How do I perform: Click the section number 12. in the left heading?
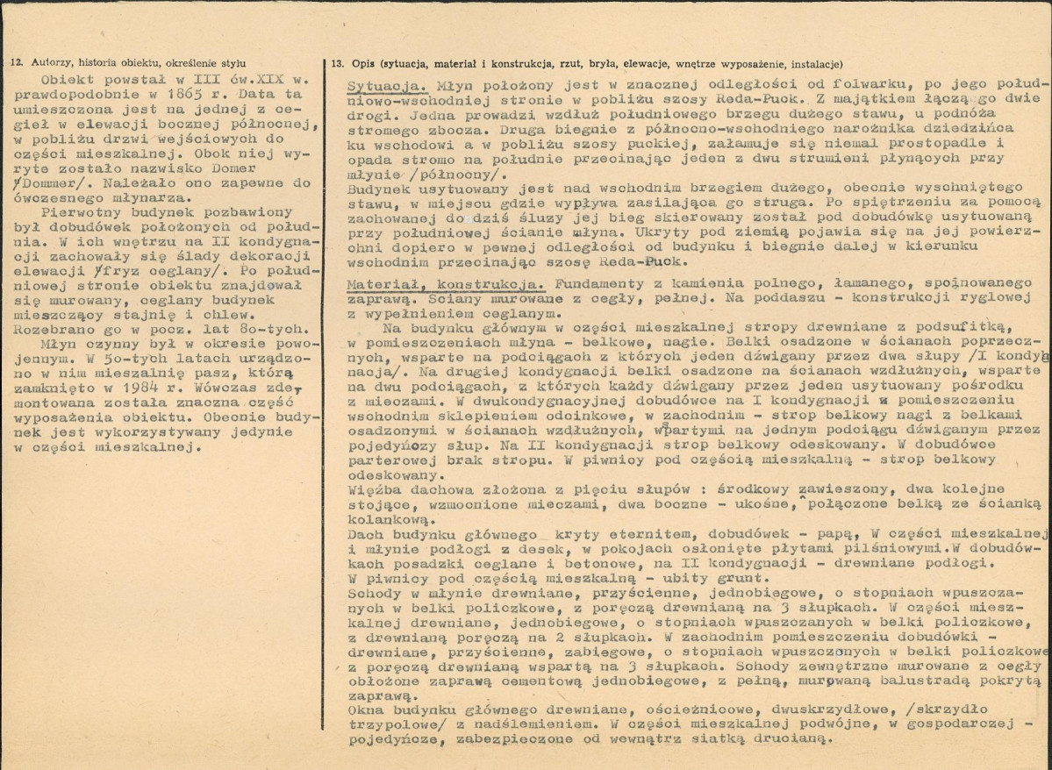18,63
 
